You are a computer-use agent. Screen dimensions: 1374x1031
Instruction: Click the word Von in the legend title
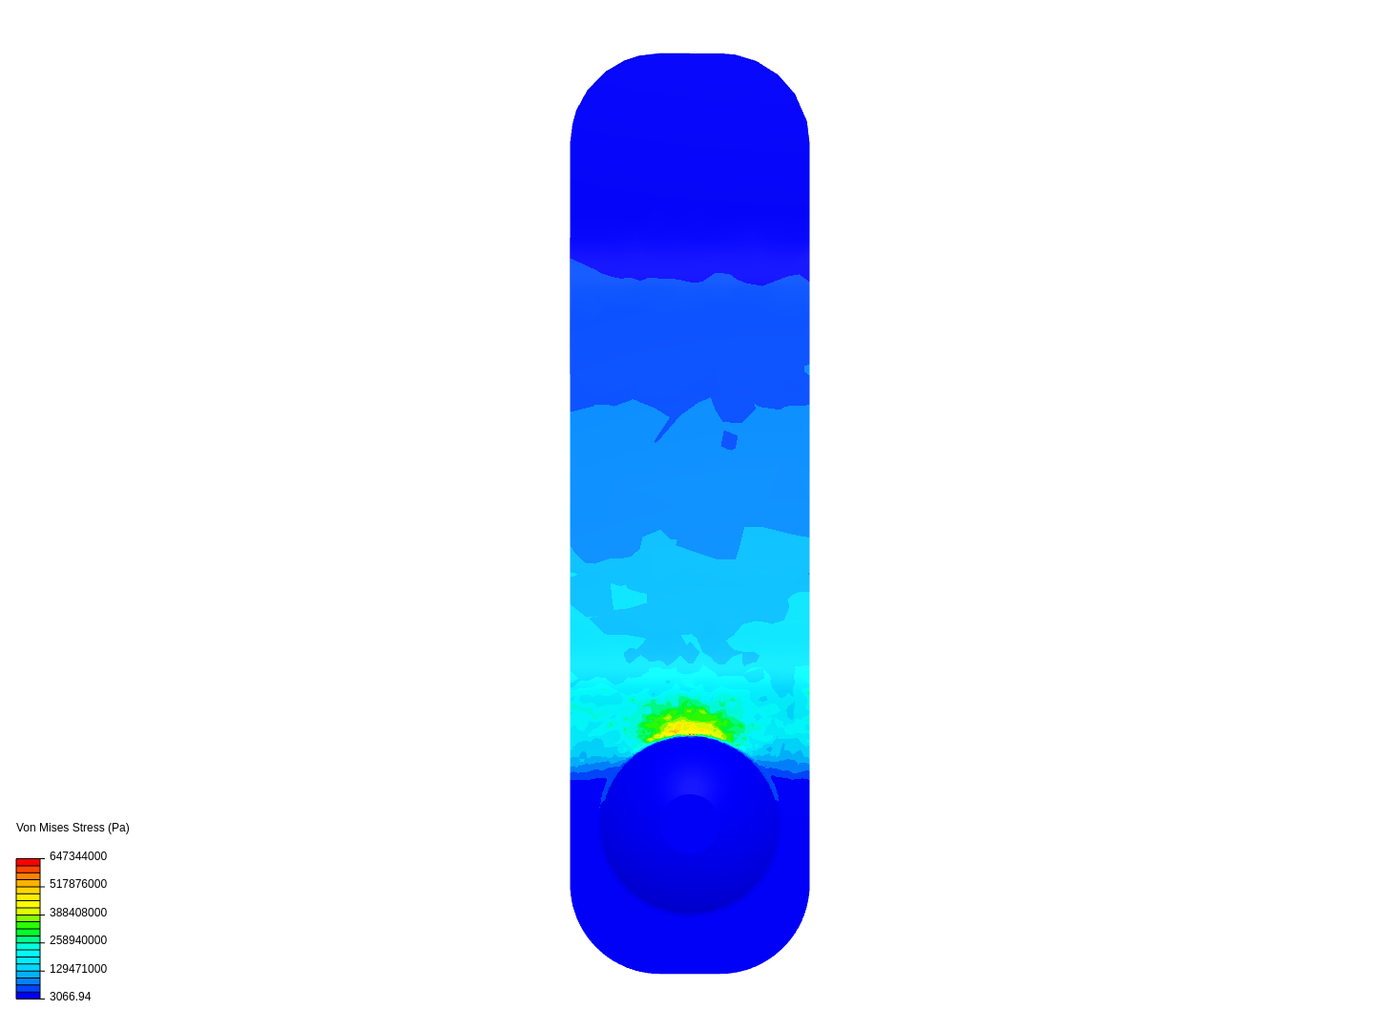pos(26,827)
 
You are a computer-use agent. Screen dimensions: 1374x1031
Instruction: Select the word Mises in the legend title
pos(53,827)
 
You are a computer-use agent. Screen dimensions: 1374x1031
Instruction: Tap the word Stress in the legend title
pos(88,827)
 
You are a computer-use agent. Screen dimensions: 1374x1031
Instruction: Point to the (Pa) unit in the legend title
pos(118,828)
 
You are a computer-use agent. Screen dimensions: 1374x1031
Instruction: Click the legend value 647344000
pos(78,855)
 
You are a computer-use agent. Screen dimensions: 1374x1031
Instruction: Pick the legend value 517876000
pos(78,884)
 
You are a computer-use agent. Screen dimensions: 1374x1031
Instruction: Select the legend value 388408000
pos(78,912)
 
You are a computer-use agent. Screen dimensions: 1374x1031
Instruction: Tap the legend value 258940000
pos(78,940)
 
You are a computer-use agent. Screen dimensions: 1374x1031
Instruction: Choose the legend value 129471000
pos(78,968)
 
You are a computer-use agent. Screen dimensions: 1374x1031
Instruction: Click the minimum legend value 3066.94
pos(70,996)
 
